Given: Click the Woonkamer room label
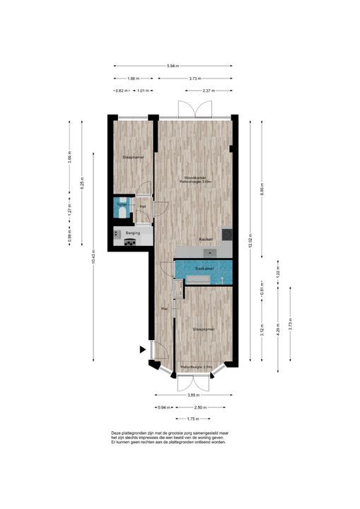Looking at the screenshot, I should (195, 177).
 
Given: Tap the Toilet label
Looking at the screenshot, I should (121, 204).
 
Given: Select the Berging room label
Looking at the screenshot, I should (132, 233).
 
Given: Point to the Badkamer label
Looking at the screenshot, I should (204, 269).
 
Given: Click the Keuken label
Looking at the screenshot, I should (206, 239).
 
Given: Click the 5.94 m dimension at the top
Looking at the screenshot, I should (172, 66).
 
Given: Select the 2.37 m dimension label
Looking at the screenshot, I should (207, 90).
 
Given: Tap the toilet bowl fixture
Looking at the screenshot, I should (122, 212).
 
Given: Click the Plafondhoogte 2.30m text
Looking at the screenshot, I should (196, 368).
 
